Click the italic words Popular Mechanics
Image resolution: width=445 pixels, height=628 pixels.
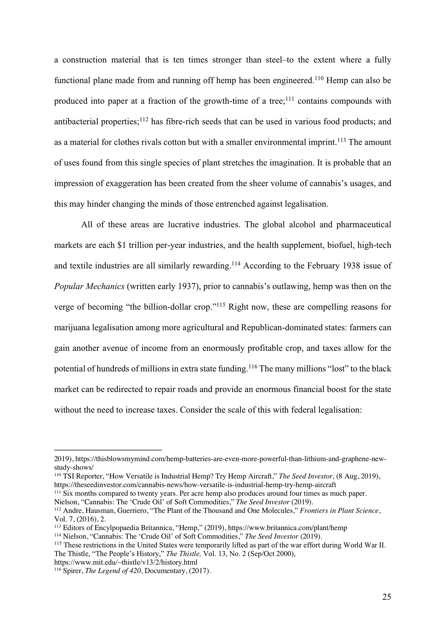[89, 286]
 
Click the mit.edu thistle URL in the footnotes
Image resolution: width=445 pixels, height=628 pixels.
[126, 562]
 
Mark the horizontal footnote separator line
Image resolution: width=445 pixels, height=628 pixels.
[108, 450]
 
